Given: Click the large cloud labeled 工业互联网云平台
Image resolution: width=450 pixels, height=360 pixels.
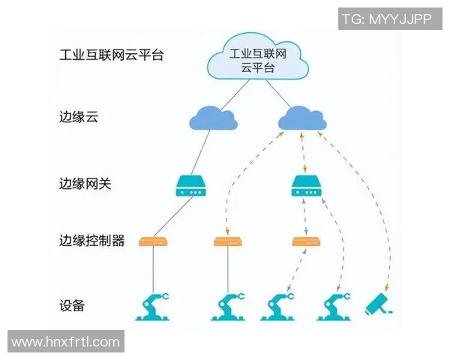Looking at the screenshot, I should click(258, 60).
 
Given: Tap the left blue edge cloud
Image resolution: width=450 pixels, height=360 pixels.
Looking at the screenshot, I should click(211, 118).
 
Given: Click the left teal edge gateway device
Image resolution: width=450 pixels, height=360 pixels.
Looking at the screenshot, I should click(190, 186).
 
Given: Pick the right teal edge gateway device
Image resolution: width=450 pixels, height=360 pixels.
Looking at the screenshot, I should click(305, 186).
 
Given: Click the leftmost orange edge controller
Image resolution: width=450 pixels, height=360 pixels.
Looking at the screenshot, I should click(153, 241).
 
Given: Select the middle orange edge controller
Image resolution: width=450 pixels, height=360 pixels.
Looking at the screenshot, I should click(226, 241).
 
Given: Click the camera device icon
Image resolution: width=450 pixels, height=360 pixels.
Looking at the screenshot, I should click(379, 304).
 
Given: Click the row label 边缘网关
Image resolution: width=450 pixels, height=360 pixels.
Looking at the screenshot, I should click(85, 184).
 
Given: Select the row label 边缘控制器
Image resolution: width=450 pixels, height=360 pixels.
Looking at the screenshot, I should click(91, 241).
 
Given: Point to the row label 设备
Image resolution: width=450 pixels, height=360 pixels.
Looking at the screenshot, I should click(72, 305).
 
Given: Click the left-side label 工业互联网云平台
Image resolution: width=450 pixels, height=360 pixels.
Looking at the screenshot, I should click(111, 55).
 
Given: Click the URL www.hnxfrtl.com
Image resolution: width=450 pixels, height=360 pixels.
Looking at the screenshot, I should click(66, 342).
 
